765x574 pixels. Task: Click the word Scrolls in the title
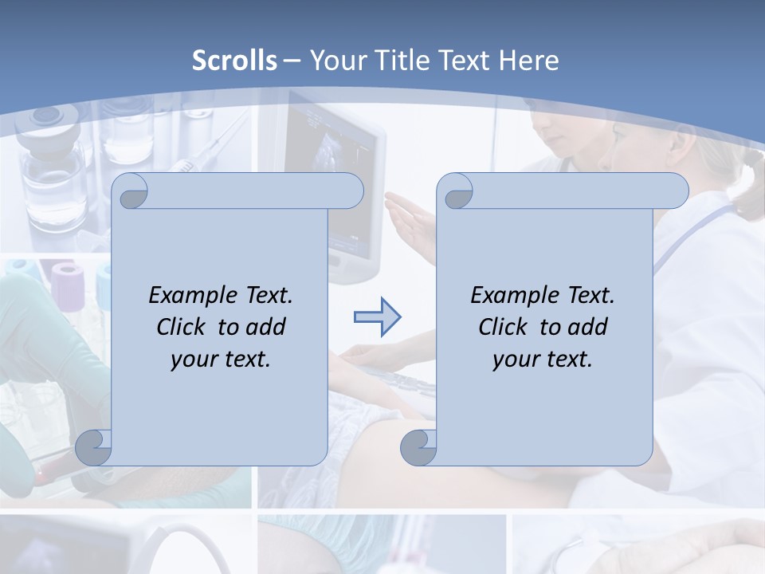234,61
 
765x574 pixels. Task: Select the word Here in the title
528,61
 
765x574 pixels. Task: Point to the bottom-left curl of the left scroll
94,447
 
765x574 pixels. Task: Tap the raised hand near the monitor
410,219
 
